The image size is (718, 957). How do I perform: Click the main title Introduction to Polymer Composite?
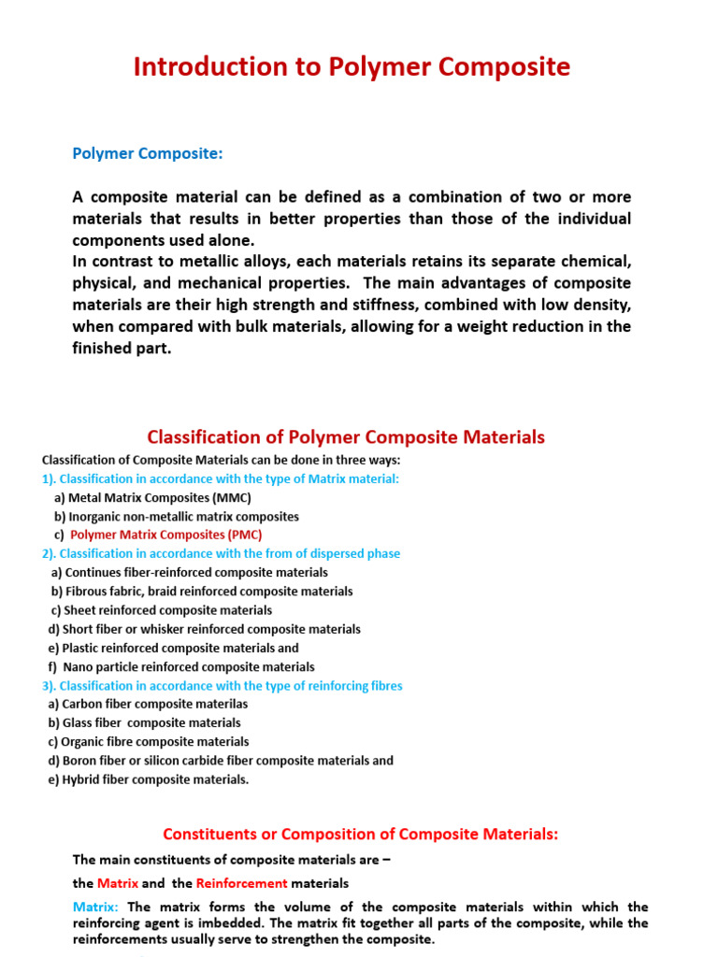pos(352,67)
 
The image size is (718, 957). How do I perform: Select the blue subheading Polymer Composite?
pos(148,153)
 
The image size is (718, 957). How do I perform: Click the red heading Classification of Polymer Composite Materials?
pos(346,437)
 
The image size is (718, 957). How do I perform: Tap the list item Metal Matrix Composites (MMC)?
pos(152,497)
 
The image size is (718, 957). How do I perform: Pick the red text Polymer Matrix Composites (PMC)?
pos(166,535)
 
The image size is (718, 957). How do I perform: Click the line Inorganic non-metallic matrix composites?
pos(177,516)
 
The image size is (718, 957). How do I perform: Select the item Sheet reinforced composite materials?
pos(162,610)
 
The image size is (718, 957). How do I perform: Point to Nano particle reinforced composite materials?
pos(181,666)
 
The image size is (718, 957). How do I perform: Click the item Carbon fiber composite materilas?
pos(148,704)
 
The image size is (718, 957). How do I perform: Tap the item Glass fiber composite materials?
pos(144,722)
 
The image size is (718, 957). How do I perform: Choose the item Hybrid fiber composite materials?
pos(148,779)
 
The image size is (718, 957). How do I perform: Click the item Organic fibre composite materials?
pos(148,742)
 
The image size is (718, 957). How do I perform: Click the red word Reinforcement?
pos(241,883)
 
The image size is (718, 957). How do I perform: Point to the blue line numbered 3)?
pos(222,685)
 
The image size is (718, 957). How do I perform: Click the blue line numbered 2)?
pos(221,553)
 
